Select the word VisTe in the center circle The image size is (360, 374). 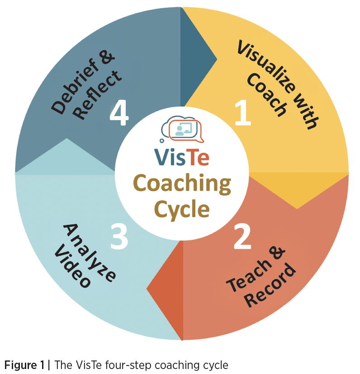click(x=181, y=158)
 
